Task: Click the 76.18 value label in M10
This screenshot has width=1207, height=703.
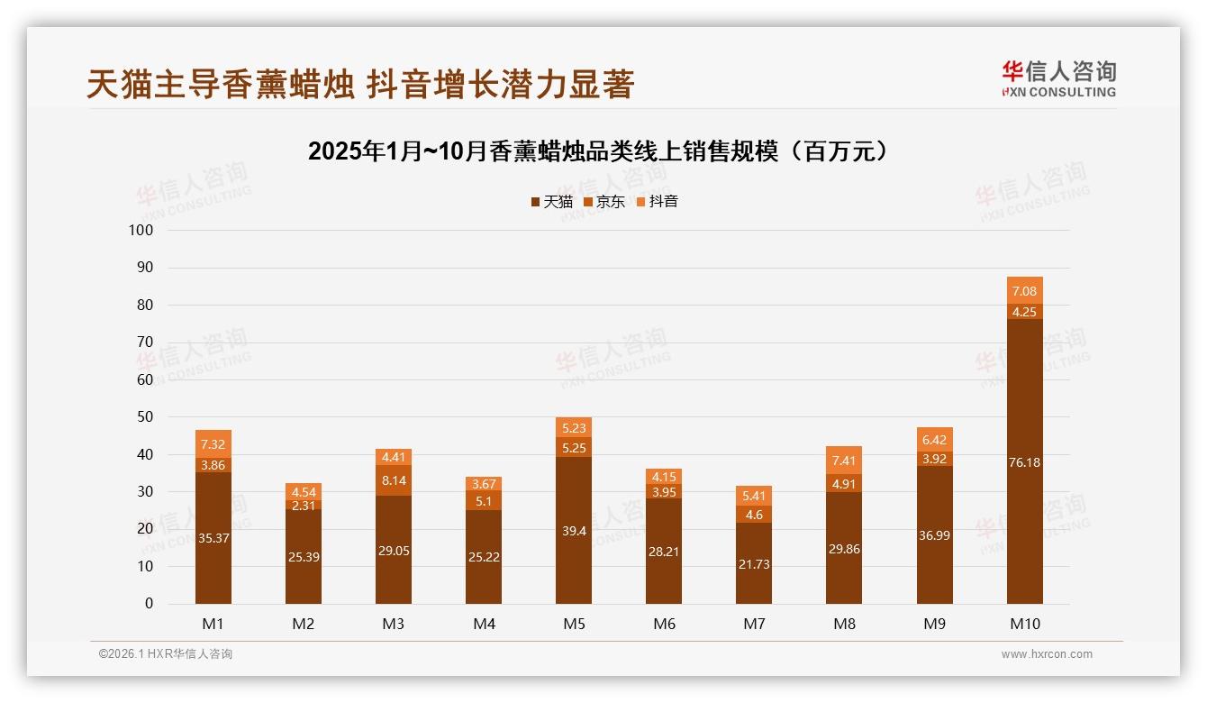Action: coord(1024,462)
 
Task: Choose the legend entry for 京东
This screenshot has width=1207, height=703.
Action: coord(604,202)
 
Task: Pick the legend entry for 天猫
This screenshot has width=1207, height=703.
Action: coord(551,202)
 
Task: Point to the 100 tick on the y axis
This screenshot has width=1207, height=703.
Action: coord(141,230)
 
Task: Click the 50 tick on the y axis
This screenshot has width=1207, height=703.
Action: coord(145,417)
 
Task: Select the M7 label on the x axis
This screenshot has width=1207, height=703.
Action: coord(754,624)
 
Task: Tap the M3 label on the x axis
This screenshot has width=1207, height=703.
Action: coord(394,624)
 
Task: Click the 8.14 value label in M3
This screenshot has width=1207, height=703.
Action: coord(394,481)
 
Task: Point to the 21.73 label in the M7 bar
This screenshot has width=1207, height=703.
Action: coord(754,564)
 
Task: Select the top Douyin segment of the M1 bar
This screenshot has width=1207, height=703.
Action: coord(213,443)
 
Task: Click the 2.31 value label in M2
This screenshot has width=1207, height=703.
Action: coord(304,506)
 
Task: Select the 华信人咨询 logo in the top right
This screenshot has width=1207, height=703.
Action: coord(1058,78)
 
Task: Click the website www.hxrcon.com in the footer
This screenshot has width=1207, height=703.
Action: coord(1047,654)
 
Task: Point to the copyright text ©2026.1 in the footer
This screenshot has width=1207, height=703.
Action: coord(166,654)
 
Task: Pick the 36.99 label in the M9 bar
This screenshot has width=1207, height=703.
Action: coord(934,535)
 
